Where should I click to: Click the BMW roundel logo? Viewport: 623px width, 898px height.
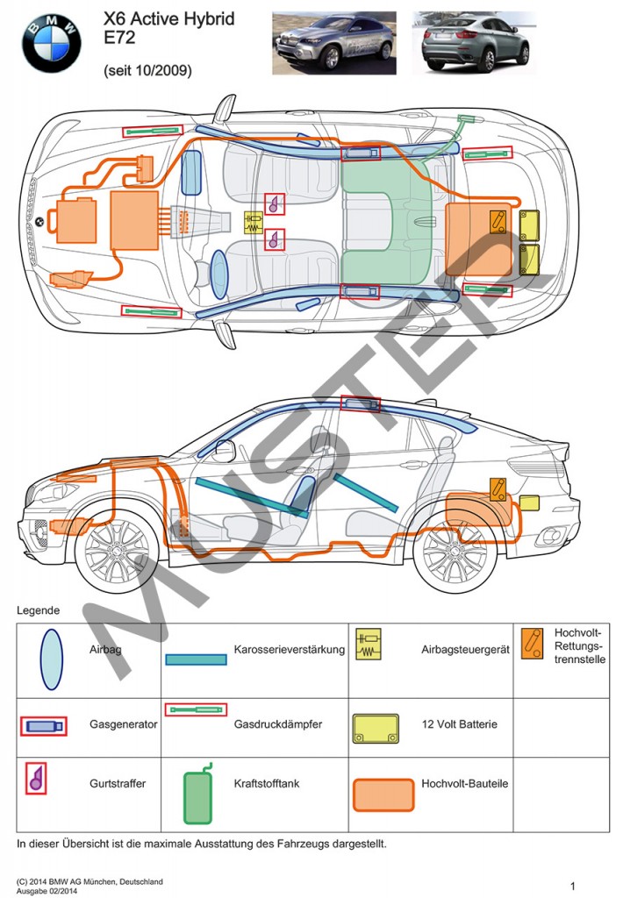click(51, 42)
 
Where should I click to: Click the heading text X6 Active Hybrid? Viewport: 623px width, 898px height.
click(168, 18)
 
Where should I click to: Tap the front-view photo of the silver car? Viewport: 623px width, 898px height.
click(333, 41)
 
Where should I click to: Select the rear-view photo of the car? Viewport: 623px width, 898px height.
click(475, 41)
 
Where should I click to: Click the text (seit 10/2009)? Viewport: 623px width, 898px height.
click(147, 69)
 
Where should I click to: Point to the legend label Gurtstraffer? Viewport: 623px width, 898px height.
click(118, 783)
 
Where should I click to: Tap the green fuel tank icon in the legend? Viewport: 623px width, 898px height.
click(198, 795)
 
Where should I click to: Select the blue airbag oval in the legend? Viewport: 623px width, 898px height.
click(52, 659)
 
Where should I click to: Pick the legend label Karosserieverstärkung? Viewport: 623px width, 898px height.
click(290, 650)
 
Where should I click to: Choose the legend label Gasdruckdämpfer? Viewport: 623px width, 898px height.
click(278, 724)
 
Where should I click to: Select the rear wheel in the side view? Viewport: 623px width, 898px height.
click(454, 555)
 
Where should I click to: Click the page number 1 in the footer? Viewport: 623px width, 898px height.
click(572, 886)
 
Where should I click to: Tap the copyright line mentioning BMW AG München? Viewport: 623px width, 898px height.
click(90, 881)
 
